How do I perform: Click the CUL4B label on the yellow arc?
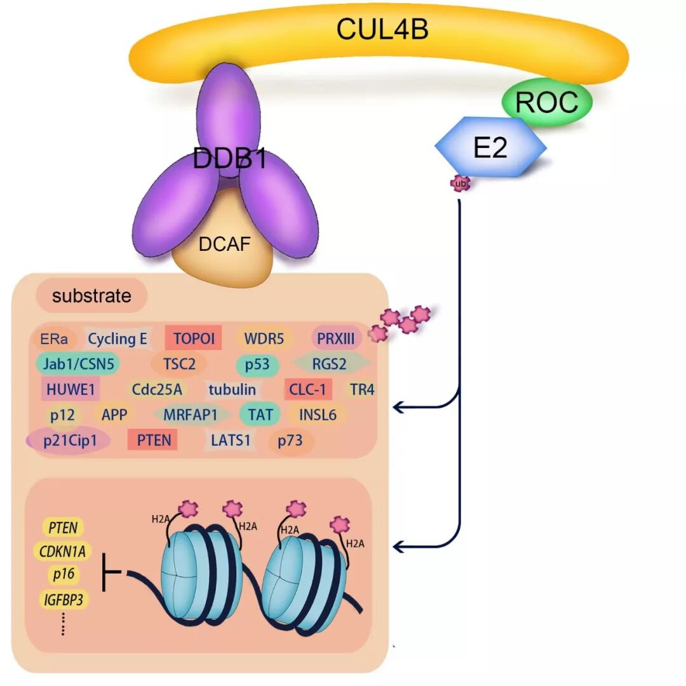pos(382,29)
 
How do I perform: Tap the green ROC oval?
pos(547,102)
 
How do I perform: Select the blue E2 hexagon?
pos(490,147)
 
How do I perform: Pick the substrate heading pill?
pos(91,296)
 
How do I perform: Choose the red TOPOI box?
pos(194,339)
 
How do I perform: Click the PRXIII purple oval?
pos(336,339)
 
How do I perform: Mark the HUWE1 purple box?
pos(70,389)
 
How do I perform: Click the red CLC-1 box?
pos(307,389)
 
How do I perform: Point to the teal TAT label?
pos(260,415)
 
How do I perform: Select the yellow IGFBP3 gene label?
pos(63,599)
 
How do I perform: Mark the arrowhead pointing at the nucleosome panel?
pos(399,546)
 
